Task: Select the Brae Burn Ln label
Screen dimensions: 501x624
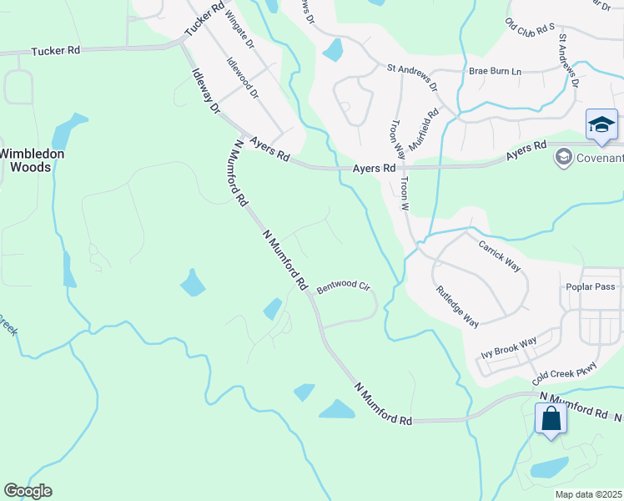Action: point(495,72)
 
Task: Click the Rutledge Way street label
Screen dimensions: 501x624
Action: point(457,306)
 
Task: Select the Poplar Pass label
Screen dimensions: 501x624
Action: point(593,286)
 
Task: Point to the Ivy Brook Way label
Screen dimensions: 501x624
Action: point(509,348)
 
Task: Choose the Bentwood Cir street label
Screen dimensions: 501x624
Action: point(342,287)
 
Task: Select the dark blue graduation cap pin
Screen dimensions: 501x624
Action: point(601,125)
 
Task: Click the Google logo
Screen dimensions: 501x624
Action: point(27,491)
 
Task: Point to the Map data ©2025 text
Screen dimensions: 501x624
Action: point(587,494)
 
